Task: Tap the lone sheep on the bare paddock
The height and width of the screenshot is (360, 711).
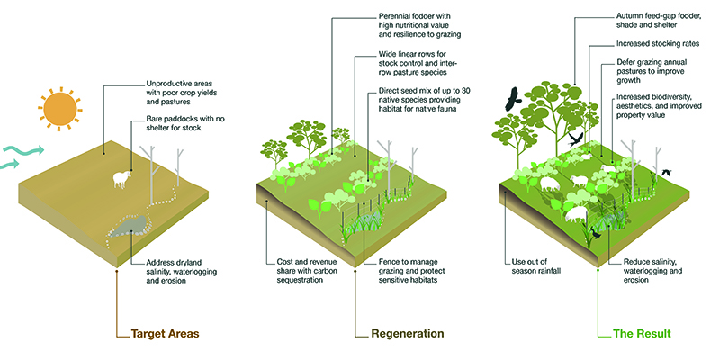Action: point(122,179)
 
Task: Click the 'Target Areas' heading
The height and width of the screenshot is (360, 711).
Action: point(165,334)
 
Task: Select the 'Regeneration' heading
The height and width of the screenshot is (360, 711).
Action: point(408,334)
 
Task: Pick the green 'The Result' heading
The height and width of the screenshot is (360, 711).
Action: point(642,334)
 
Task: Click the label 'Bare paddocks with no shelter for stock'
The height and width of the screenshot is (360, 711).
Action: point(185,123)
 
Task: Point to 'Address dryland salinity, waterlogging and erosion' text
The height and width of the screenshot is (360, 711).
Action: point(182,272)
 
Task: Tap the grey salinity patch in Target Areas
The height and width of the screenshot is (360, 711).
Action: point(130,225)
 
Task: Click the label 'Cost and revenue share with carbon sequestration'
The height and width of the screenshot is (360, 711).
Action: point(307,271)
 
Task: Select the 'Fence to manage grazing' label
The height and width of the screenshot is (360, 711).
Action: point(411,271)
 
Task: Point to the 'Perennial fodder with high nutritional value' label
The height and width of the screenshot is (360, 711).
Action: point(420,25)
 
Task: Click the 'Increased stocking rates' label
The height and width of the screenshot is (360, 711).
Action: point(658,44)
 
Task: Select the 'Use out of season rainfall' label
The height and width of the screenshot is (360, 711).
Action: point(536,266)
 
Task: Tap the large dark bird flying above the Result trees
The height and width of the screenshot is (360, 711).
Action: point(513,99)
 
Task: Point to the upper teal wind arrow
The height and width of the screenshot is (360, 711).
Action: point(22,150)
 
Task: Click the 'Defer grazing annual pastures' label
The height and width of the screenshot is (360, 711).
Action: point(652,71)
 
